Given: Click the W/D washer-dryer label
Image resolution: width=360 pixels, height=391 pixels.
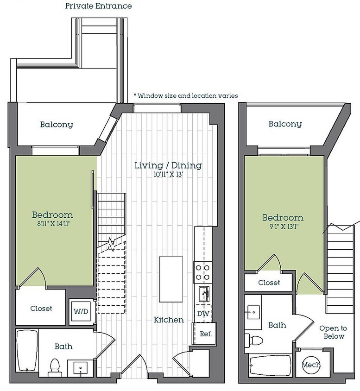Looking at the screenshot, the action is pos(81,311).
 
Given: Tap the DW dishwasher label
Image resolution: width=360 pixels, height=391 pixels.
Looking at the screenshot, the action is pos(203,314).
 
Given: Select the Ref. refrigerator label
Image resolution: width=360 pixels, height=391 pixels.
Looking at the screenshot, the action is pos(206,334).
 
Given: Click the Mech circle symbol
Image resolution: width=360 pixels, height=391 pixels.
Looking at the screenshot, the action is pos(311,365).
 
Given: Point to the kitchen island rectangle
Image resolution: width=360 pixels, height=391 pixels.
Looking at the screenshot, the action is pos(171,279).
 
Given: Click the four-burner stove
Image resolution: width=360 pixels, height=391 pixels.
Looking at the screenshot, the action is pos(202,272).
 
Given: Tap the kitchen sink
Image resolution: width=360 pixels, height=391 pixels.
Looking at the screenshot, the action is pos(204,294).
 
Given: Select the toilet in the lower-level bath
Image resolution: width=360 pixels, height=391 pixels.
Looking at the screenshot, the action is pos(55,368).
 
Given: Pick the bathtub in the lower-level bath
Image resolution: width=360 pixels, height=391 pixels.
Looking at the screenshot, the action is pos(27,350).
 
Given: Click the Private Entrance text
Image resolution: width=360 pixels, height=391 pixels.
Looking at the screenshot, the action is pos(99,6).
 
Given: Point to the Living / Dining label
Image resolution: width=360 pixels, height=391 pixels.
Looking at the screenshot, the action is pos(168,165).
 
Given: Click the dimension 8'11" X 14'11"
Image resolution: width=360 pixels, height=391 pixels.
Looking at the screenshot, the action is pos(54,223).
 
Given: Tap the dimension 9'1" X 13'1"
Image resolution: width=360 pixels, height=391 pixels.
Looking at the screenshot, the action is pos(284,227).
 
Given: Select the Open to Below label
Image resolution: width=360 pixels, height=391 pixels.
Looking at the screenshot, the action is pos(333,332).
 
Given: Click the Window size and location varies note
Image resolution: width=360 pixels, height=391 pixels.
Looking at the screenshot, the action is pos(186,95).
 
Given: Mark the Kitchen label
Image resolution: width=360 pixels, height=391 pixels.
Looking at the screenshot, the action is pos(169,320).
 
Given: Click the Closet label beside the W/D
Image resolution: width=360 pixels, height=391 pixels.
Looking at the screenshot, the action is pos(41,309).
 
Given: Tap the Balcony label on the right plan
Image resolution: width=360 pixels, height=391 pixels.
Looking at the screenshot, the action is pos(285,124).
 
